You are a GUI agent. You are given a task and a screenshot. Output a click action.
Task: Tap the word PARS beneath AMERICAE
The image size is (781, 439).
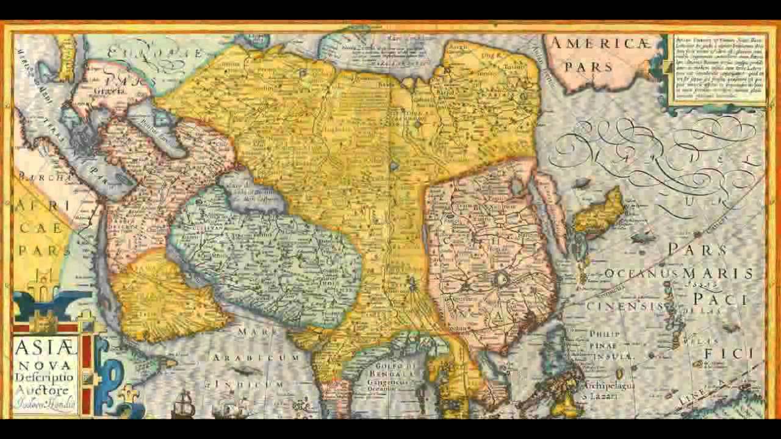588,66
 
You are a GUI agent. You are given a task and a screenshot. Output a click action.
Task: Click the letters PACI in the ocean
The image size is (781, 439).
720,299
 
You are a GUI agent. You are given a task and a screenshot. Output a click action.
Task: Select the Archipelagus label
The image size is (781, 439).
610,386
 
